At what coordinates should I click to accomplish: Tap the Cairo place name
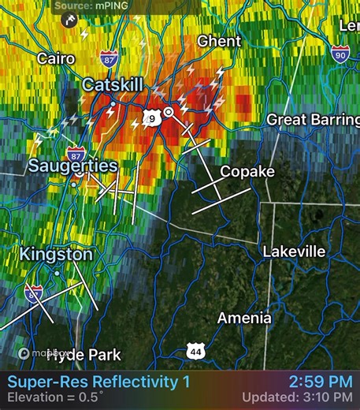point(56,58)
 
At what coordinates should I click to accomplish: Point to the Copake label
point(247,171)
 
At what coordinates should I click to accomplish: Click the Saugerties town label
point(72,166)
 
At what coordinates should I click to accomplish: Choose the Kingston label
point(56,255)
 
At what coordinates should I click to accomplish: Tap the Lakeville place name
point(294,252)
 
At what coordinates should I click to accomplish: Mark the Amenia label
point(245,319)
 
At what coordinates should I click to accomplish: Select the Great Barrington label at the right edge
point(313,119)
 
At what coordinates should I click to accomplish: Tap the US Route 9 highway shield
point(151,118)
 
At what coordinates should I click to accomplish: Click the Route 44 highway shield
point(197,349)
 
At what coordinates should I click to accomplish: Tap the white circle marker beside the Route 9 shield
point(169,114)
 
